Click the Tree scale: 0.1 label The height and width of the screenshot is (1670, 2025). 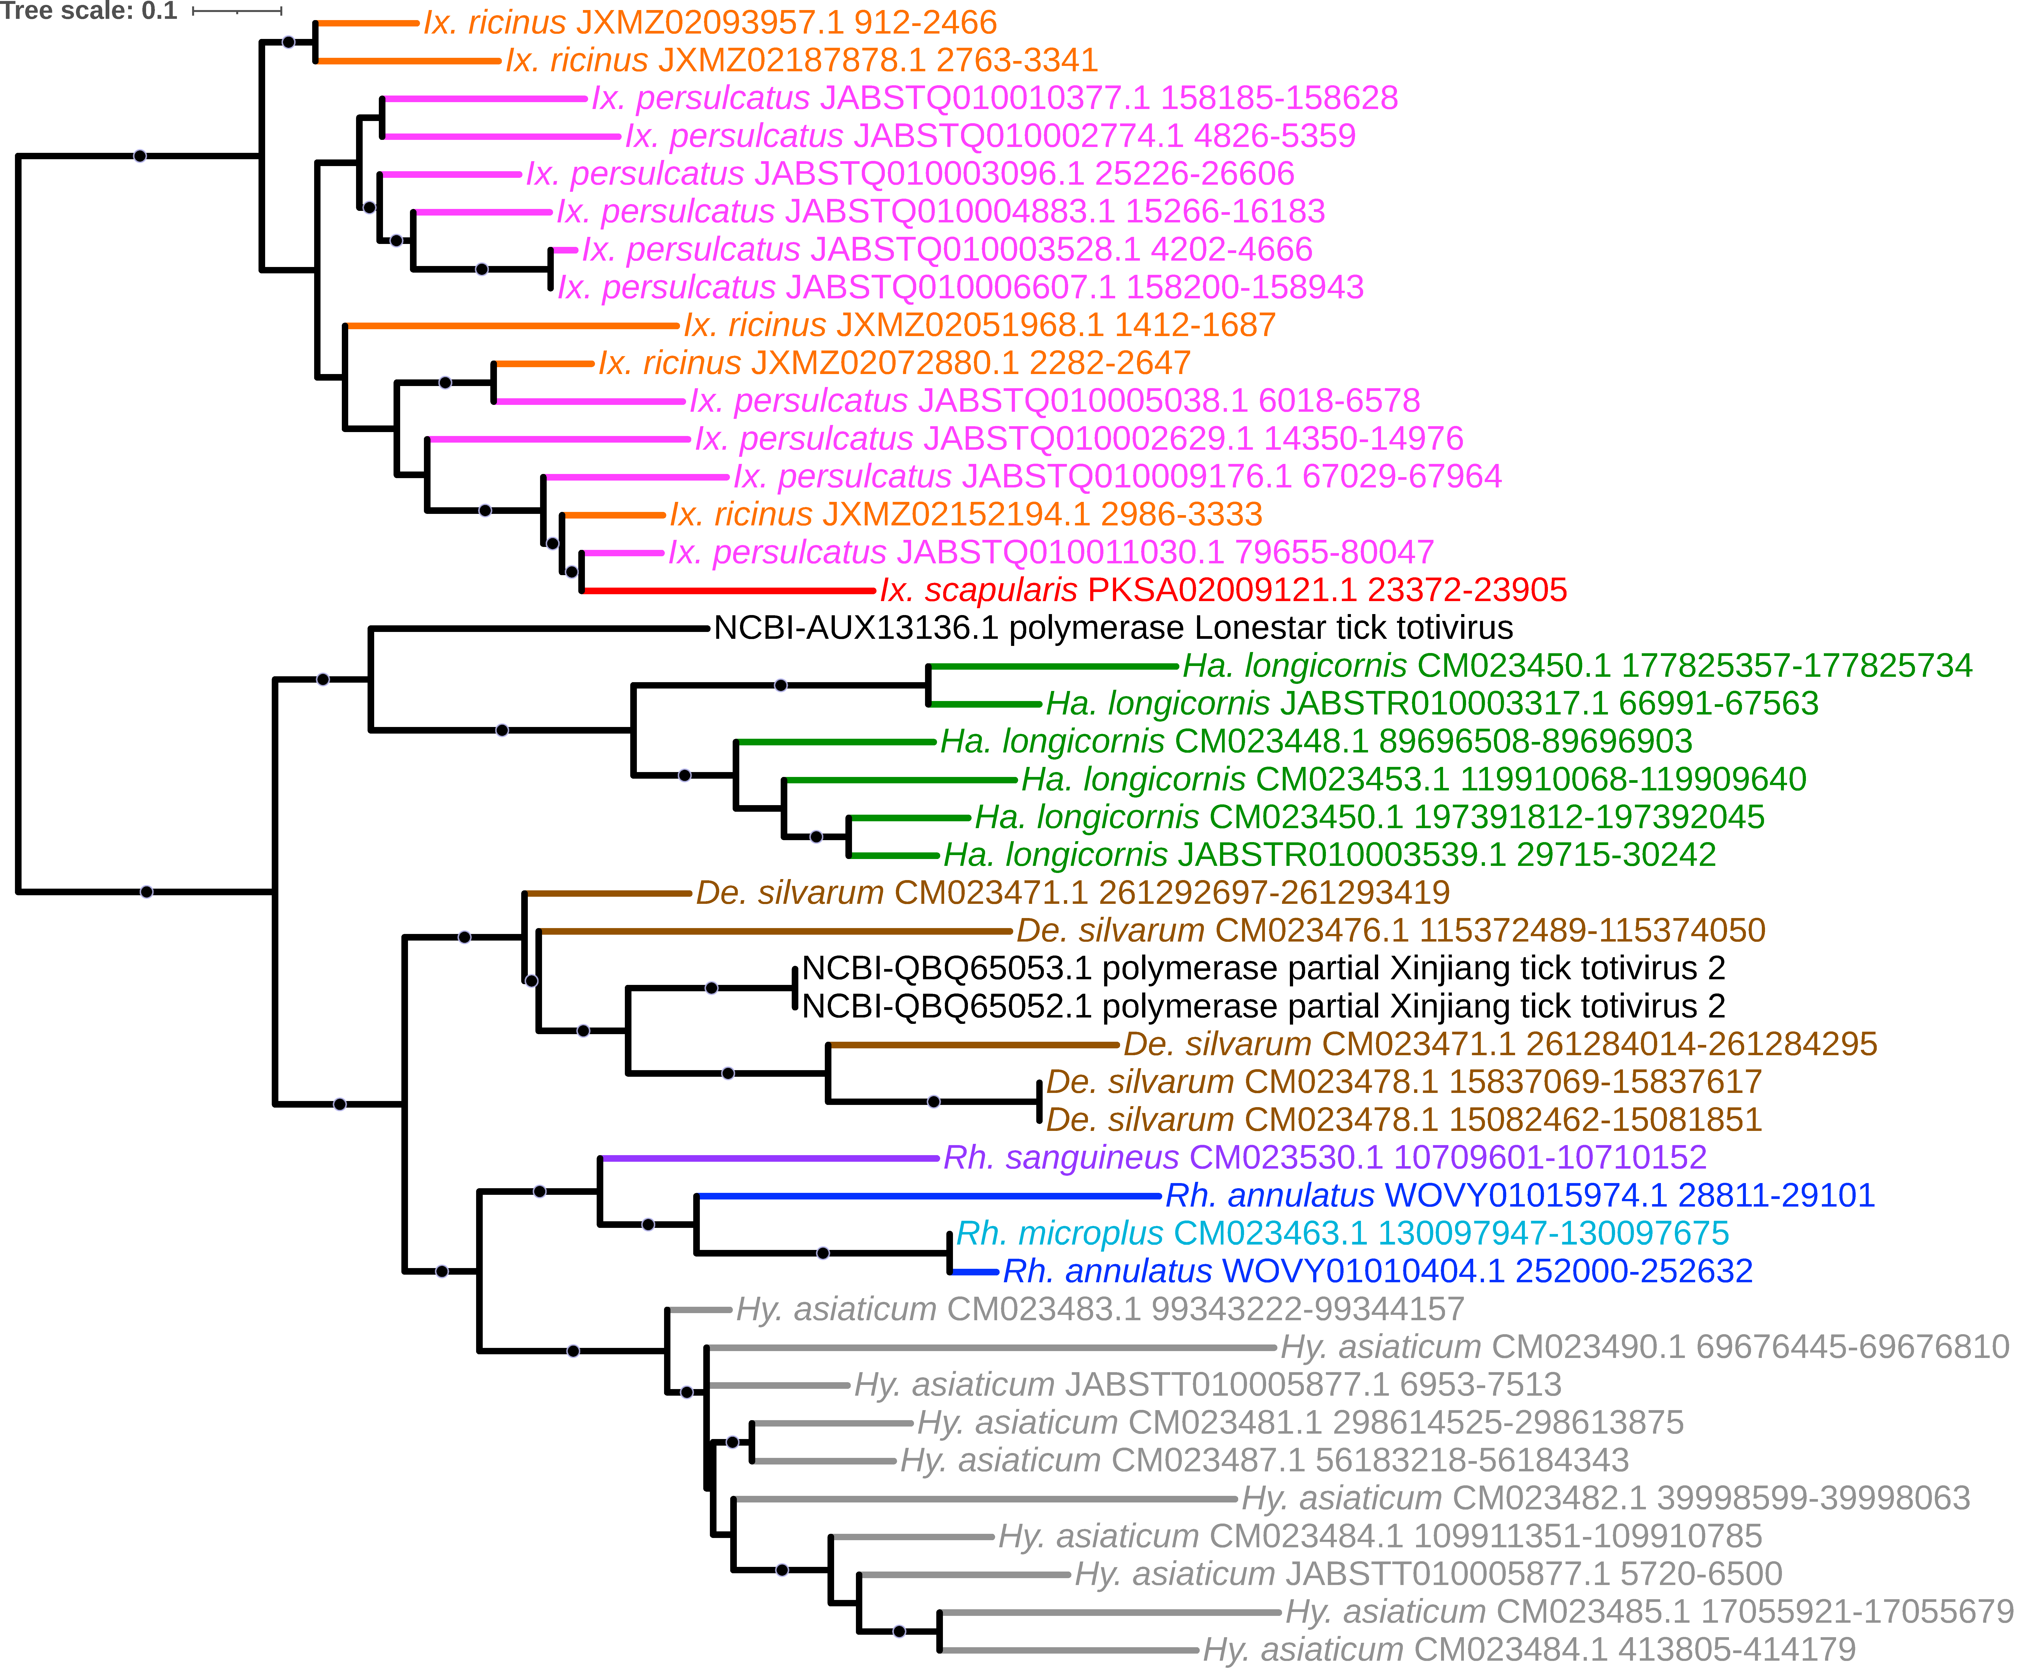click(x=88, y=12)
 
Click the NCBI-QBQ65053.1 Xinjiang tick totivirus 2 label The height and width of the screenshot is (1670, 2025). click(x=1263, y=968)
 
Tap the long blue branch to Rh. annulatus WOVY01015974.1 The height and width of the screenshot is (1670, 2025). click(x=929, y=1196)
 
